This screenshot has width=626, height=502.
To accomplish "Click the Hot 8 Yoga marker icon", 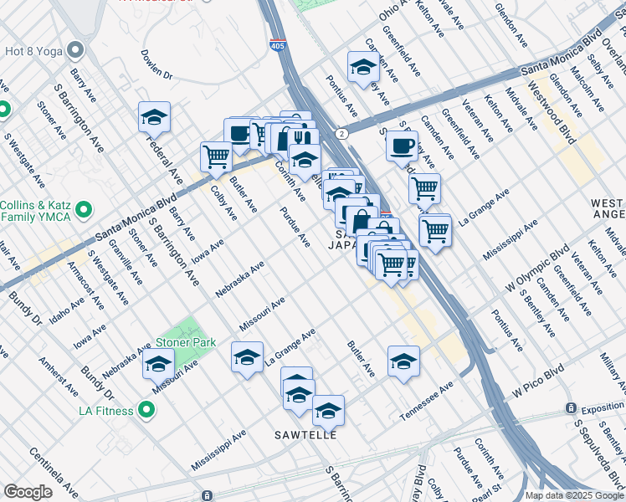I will pyautogui.click(x=76, y=49).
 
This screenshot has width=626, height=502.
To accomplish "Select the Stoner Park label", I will pyautogui.click(x=185, y=342).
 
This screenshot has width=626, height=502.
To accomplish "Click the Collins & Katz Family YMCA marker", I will pyautogui.click(x=83, y=208).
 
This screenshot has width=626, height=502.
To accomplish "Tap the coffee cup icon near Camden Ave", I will pyautogui.click(x=402, y=146).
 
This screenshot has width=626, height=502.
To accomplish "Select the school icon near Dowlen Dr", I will pyautogui.click(x=154, y=118).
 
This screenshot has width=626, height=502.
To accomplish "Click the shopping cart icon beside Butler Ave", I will pyautogui.click(x=217, y=156).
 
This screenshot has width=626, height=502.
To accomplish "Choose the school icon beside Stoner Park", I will pyautogui.click(x=157, y=364).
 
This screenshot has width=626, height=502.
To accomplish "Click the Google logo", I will pyautogui.click(x=28, y=492).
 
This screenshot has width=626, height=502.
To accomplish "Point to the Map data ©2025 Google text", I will pyautogui.click(x=575, y=495).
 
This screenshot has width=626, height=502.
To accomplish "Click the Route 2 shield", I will pyautogui.click(x=341, y=132).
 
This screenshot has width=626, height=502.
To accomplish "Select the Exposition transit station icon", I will pyautogui.click(x=572, y=408).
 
